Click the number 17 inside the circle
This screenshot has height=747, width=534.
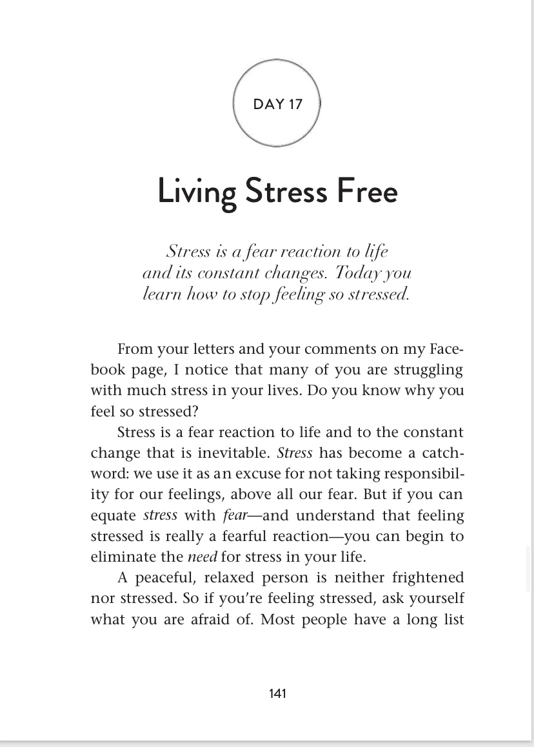pos(295,105)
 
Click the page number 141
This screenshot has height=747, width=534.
pos(277,693)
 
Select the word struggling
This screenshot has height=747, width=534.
pos(429,370)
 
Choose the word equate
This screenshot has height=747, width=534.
pos(114,515)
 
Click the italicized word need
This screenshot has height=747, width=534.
pos(202,557)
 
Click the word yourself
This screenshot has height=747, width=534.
pos(435,598)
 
